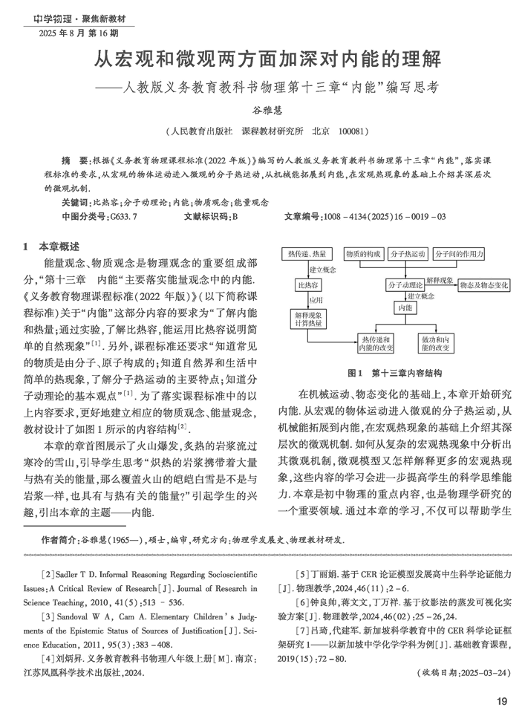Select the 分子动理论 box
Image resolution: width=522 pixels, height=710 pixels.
tap(405, 284)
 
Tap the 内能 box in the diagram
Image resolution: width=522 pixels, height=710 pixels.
tap(405, 307)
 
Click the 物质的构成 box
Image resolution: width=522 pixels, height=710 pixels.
tap(364, 254)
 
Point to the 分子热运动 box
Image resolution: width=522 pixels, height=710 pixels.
tap(407, 254)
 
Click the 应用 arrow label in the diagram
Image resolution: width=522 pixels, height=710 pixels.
tap(316, 300)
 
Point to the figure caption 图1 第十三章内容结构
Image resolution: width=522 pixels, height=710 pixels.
tap(395, 372)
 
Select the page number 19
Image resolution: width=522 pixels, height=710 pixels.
tap(501, 700)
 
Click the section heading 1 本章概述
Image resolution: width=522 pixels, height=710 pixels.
tap(51, 246)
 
